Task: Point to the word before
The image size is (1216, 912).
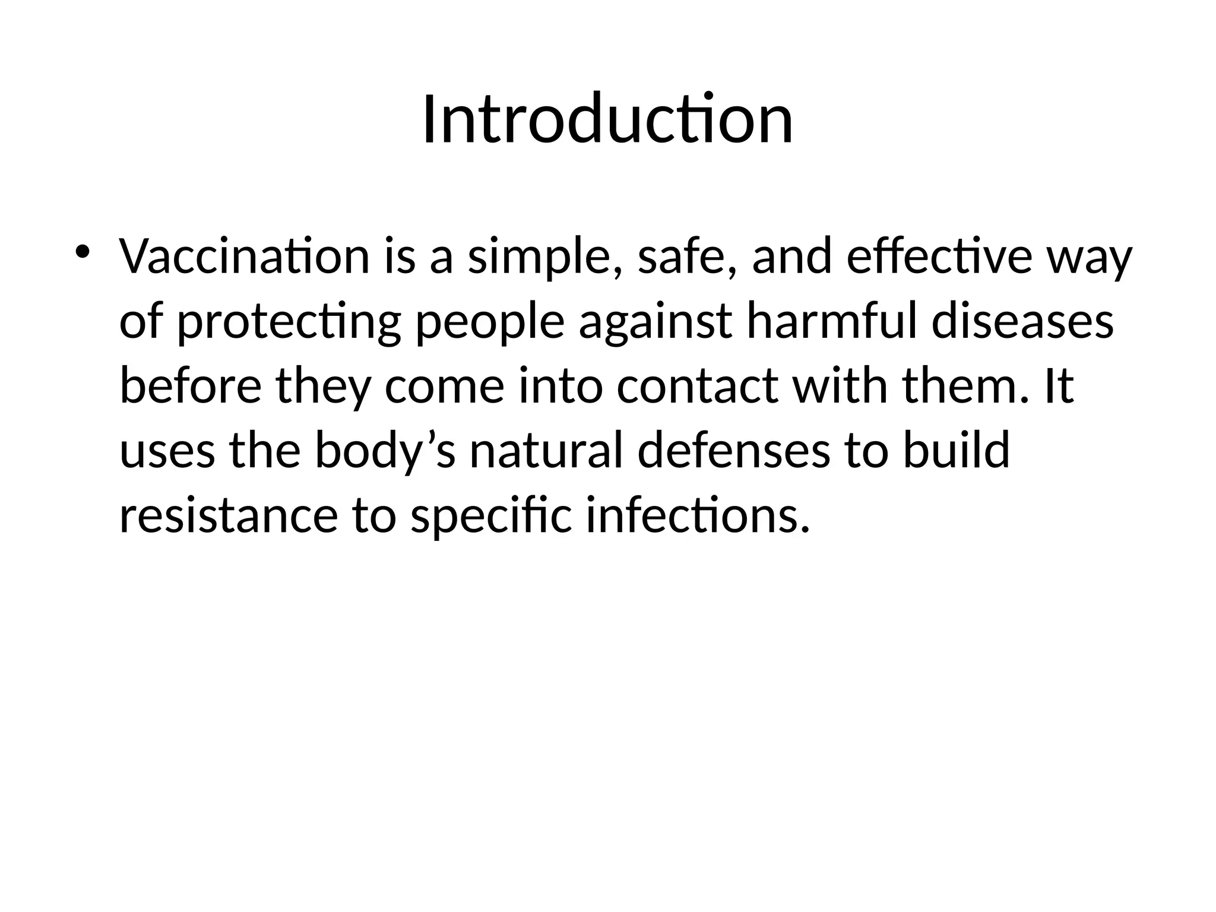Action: point(191,385)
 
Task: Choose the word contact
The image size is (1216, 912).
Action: point(698,387)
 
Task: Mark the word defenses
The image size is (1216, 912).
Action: point(733,449)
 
